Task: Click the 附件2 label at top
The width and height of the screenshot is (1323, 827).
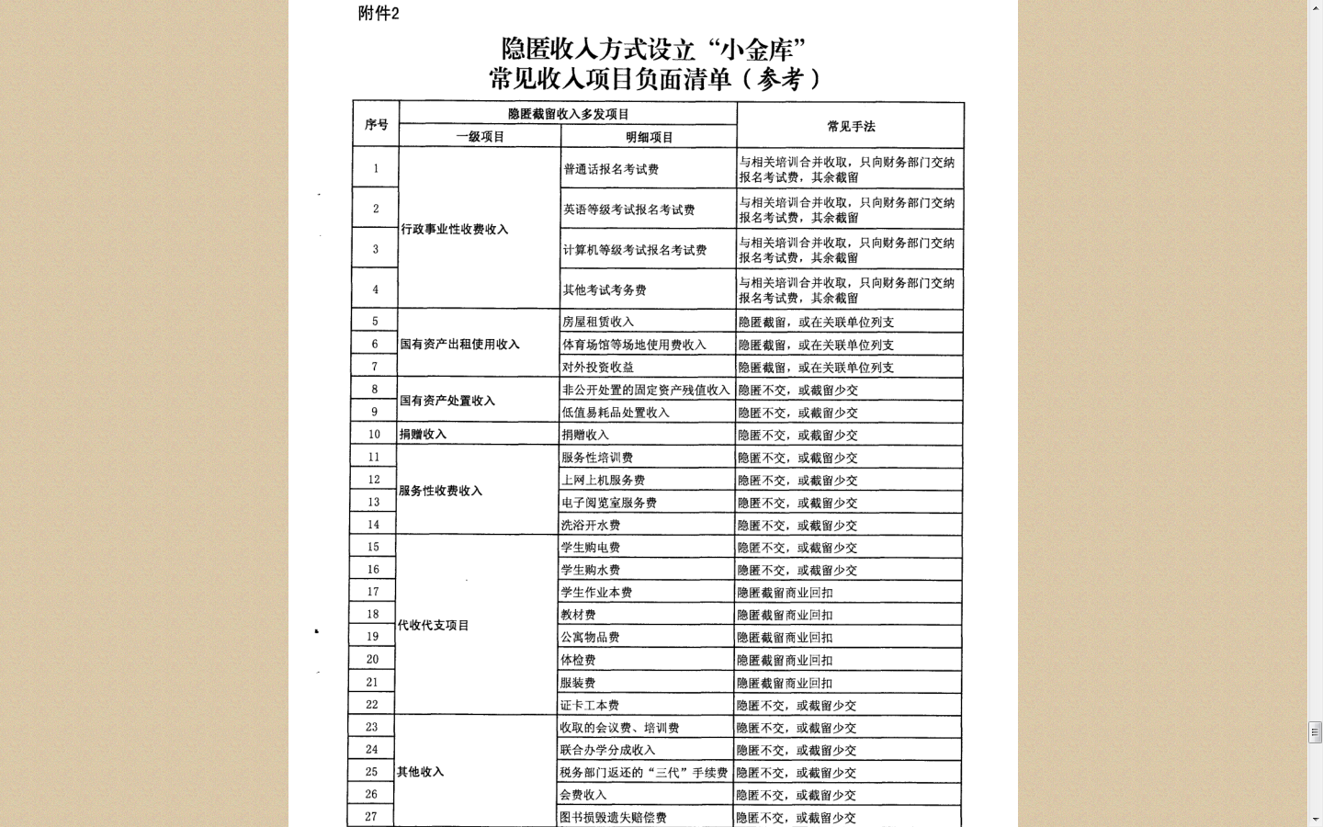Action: (379, 14)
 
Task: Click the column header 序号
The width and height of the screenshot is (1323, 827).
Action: (377, 125)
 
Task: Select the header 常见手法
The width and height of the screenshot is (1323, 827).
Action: (851, 127)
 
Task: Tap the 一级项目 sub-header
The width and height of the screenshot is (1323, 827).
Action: (481, 137)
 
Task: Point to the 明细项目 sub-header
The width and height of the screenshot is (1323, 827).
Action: (650, 137)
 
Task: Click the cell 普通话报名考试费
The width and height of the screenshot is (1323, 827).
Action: (611, 169)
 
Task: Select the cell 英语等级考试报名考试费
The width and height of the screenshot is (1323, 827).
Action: (629, 210)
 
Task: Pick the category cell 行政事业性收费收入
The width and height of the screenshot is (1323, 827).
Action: (455, 230)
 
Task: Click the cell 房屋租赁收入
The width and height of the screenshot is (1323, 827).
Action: (598, 322)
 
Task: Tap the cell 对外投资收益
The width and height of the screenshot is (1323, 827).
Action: (598, 367)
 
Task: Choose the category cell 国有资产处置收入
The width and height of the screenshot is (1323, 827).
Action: (447, 401)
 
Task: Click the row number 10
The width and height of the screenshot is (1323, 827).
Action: (374, 435)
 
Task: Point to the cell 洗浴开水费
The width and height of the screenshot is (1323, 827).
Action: (591, 526)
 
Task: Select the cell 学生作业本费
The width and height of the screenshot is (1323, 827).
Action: (596, 593)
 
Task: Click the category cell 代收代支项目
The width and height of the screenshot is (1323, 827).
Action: (434, 626)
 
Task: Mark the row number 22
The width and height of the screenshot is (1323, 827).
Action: (372, 705)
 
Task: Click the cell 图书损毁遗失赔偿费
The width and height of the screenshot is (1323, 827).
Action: (613, 817)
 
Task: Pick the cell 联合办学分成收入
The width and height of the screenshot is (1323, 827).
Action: (607, 750)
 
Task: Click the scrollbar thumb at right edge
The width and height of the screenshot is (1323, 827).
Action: (1315, 732)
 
